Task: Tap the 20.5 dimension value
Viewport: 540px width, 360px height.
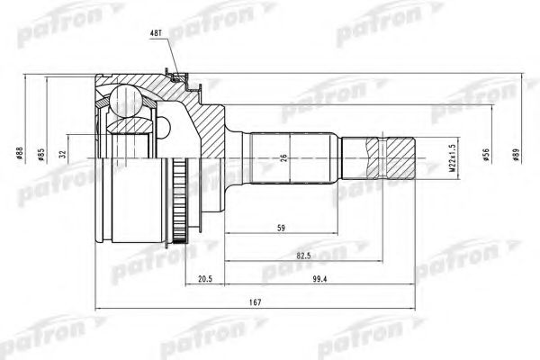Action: coord(207,280)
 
